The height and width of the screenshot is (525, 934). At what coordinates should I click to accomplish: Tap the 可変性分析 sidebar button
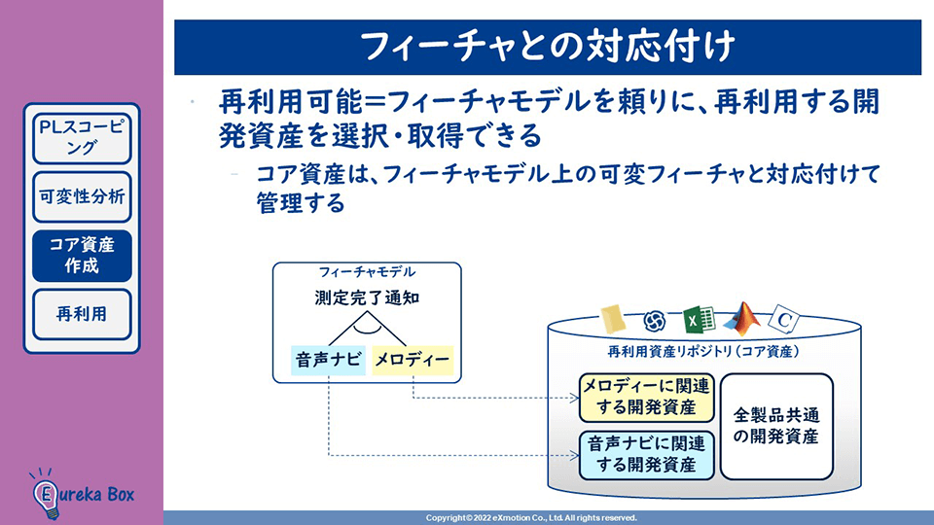coord(82,196)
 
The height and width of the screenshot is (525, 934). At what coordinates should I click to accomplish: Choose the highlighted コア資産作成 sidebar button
coord(82,255)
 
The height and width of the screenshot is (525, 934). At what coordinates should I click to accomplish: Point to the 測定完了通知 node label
coord(367,298)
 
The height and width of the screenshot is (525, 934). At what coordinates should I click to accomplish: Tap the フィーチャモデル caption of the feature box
coord(366,272)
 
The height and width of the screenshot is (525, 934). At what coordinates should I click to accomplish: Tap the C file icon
coord(784,319)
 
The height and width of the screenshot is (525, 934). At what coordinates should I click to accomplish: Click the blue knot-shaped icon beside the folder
coord(655,320)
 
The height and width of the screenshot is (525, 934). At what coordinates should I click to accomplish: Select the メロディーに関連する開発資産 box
coord(646,397)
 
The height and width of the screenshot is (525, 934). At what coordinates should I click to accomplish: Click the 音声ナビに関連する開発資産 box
coord(646,454)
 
